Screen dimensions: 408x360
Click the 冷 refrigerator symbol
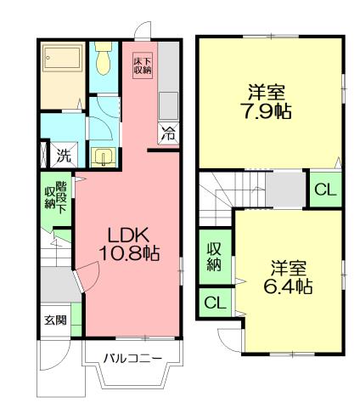coord(168,132)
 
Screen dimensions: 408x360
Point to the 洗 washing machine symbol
coord(64,156)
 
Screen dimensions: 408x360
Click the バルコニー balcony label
coord(132,358)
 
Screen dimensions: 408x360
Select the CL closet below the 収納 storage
coord(214,302)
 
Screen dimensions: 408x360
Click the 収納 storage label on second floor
coord(215,257)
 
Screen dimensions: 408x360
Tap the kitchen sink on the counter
coord(168,103)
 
